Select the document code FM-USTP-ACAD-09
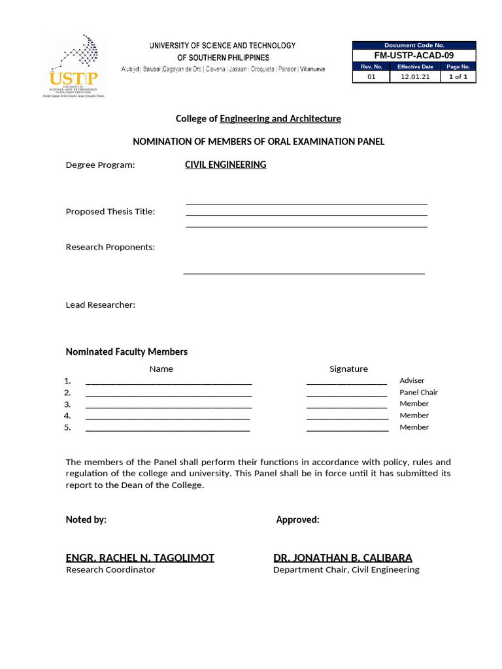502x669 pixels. coord(414,56)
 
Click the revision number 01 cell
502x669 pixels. coord(371,76)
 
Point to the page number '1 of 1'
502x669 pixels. coord(458,76)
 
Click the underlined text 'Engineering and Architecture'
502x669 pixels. coord(280,119)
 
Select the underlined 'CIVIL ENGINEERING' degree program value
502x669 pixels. coord(226,165)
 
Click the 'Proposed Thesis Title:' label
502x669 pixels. coord(110,212)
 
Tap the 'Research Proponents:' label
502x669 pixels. coord(110,247)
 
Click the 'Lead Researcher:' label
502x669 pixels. coord(101,305)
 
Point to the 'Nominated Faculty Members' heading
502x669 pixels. coord(127,352)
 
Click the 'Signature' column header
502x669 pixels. coord(348,369)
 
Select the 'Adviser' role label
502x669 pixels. coord(412,380)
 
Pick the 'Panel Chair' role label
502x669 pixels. coord(418,392)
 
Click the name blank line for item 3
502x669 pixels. coord(169,406)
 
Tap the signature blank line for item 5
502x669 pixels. coord(347,430)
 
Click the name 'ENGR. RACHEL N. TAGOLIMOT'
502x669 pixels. coord(140,558)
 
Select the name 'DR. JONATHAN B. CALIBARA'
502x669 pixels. coord(343,558)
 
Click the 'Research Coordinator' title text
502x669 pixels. coord(110,570)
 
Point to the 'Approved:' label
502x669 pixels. coord(297,520)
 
